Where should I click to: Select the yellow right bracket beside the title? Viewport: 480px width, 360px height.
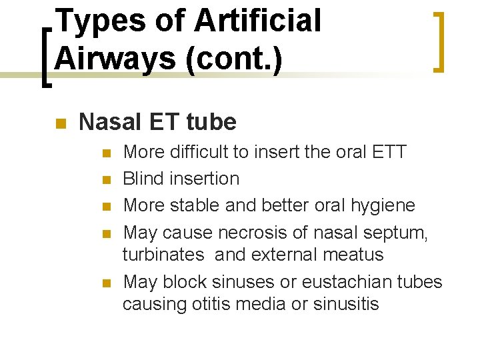click(439, 41)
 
